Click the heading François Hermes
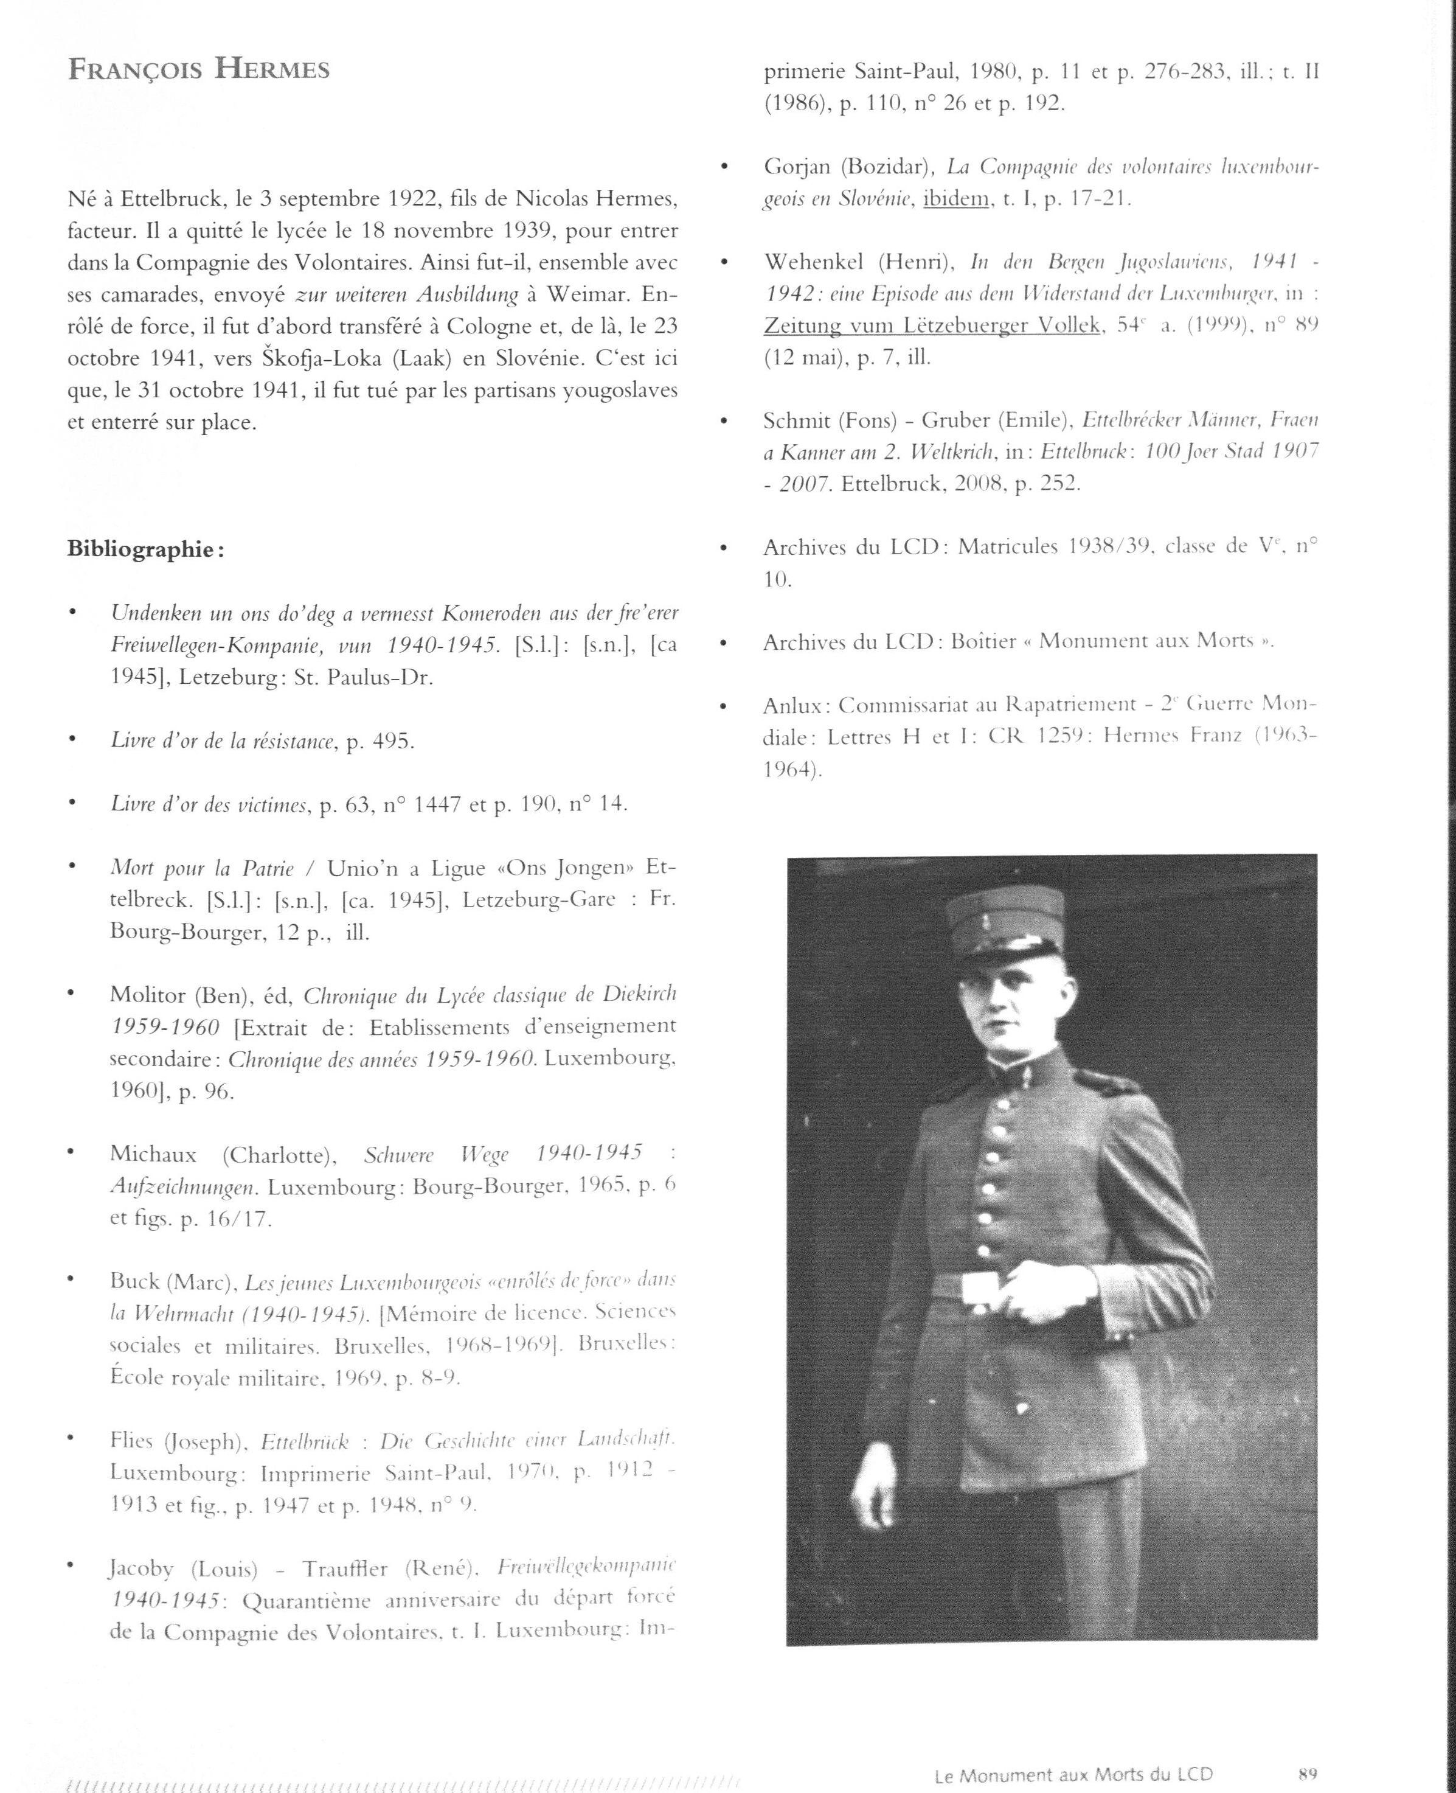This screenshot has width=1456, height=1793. [x=199, y=69]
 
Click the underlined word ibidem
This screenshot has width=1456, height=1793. [x=956, y=200]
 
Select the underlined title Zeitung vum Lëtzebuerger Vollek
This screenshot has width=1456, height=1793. [x=932, y=326]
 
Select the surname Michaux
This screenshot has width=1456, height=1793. [x=153, y=1155]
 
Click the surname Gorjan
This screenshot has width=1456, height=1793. [x=797, y=167]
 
